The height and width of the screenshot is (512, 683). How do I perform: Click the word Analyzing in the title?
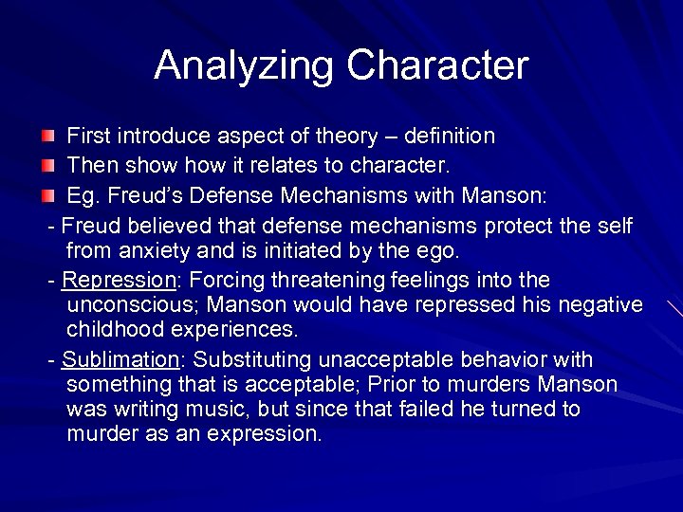coord(245,65)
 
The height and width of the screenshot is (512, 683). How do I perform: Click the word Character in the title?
coord(437,65)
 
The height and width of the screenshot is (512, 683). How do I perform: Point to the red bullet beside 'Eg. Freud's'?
coord(47,197)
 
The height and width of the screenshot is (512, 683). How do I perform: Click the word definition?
coord(451,137)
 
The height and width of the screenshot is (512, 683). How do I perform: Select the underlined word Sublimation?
coord(120,360)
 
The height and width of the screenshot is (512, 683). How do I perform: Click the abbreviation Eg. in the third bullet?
coord(83,197)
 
